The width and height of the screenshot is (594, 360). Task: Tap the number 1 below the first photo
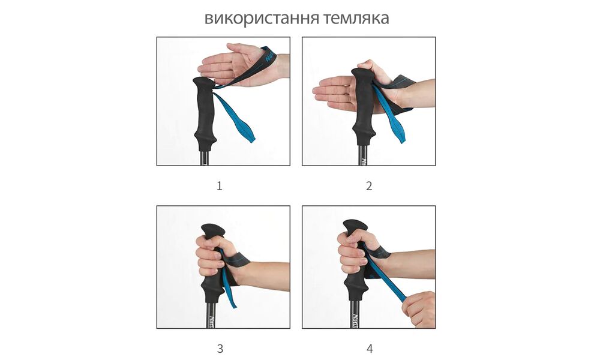pos(220,186)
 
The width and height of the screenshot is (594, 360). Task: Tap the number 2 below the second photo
pos(369,186)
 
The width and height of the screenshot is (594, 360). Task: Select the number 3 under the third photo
pos(220,349)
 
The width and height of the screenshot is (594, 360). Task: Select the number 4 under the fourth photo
pos(369,349)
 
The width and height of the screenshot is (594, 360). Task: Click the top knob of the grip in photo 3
pos(213,231)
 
